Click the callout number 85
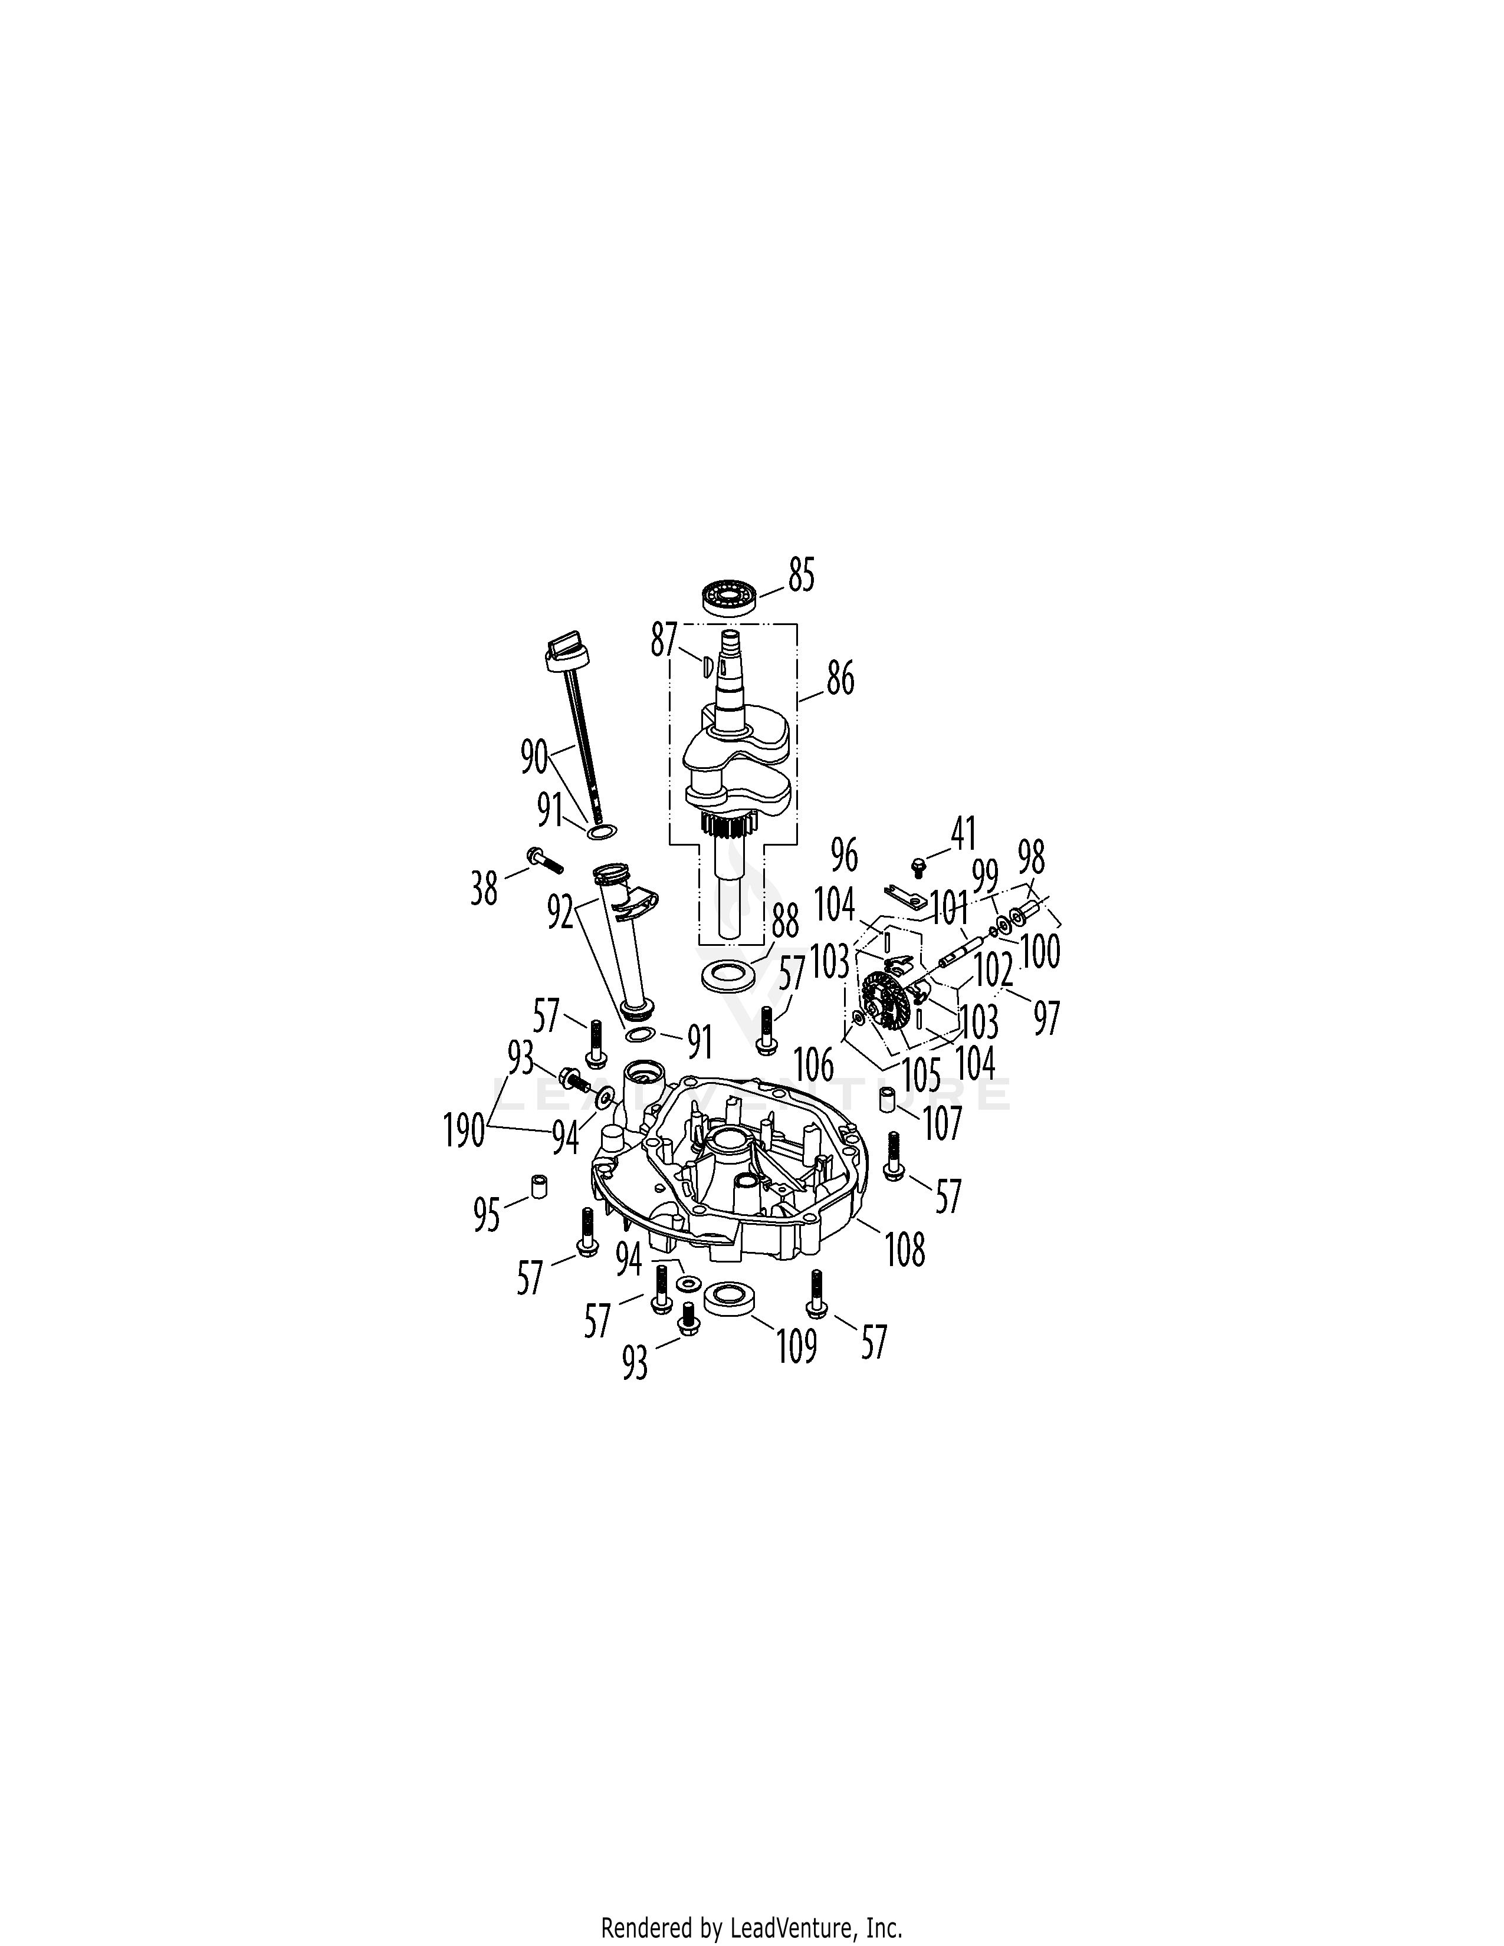tap(801, 576)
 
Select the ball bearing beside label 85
tap(730, 596)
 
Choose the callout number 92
tap(560, 912)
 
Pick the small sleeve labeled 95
tap(539, 1189)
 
